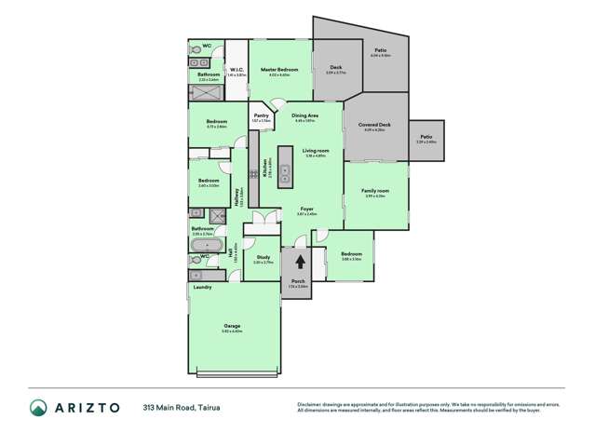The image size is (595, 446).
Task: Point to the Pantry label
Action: (261, 115)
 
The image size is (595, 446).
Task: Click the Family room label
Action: (375, 191)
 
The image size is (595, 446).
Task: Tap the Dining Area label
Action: (306, 115)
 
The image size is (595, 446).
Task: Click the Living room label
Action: (317, 150)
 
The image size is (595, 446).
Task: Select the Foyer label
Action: (306, 209)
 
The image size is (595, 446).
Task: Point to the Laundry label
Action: (202, 287)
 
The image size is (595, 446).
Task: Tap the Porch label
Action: (298, 281)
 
